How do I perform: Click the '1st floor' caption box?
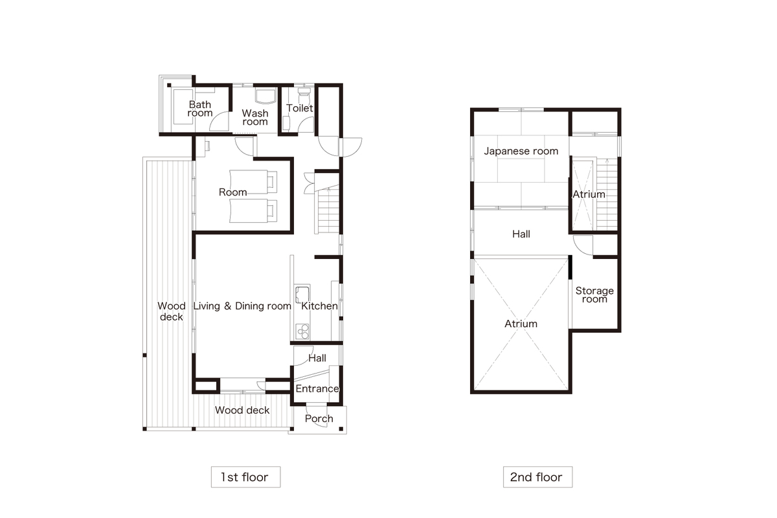coord(245,477)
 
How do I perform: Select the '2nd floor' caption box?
coord(537,477)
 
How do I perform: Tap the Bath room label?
coord(200,109)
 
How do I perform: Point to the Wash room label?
coord(255,117)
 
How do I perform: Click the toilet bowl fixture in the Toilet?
coord(304,95)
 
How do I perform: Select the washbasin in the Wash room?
coord(265,95)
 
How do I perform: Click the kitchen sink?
coord(302,295)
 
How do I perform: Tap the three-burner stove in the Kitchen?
coord(302,332)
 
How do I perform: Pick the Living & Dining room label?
coord(242,306)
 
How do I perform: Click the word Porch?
coord(319,419)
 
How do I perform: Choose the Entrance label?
coord(317,388)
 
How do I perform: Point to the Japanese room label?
coord(521,151)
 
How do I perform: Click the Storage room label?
coord(594,295)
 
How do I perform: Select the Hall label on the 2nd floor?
coord(521,234)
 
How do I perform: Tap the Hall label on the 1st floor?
coord(317,358)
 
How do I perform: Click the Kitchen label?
coord(319,306)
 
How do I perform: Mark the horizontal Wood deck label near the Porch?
coord(242,410)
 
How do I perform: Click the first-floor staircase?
coord(328,210)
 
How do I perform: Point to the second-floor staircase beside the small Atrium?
coord(607,194)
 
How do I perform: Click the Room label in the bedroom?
coord(232,192)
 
